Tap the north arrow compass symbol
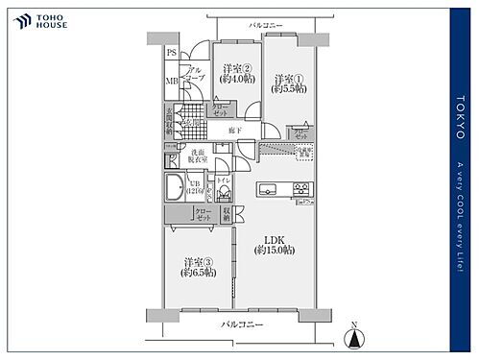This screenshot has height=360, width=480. click(356, 336)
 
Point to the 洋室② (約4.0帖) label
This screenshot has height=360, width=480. click(235, 74)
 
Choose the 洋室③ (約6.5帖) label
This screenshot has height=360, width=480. click(196, 268)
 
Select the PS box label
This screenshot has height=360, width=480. click(172, 53)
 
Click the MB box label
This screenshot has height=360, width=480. click(172, 81)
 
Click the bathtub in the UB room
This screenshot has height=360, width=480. click(178, 186)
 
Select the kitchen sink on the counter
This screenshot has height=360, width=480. click(270, 186)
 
